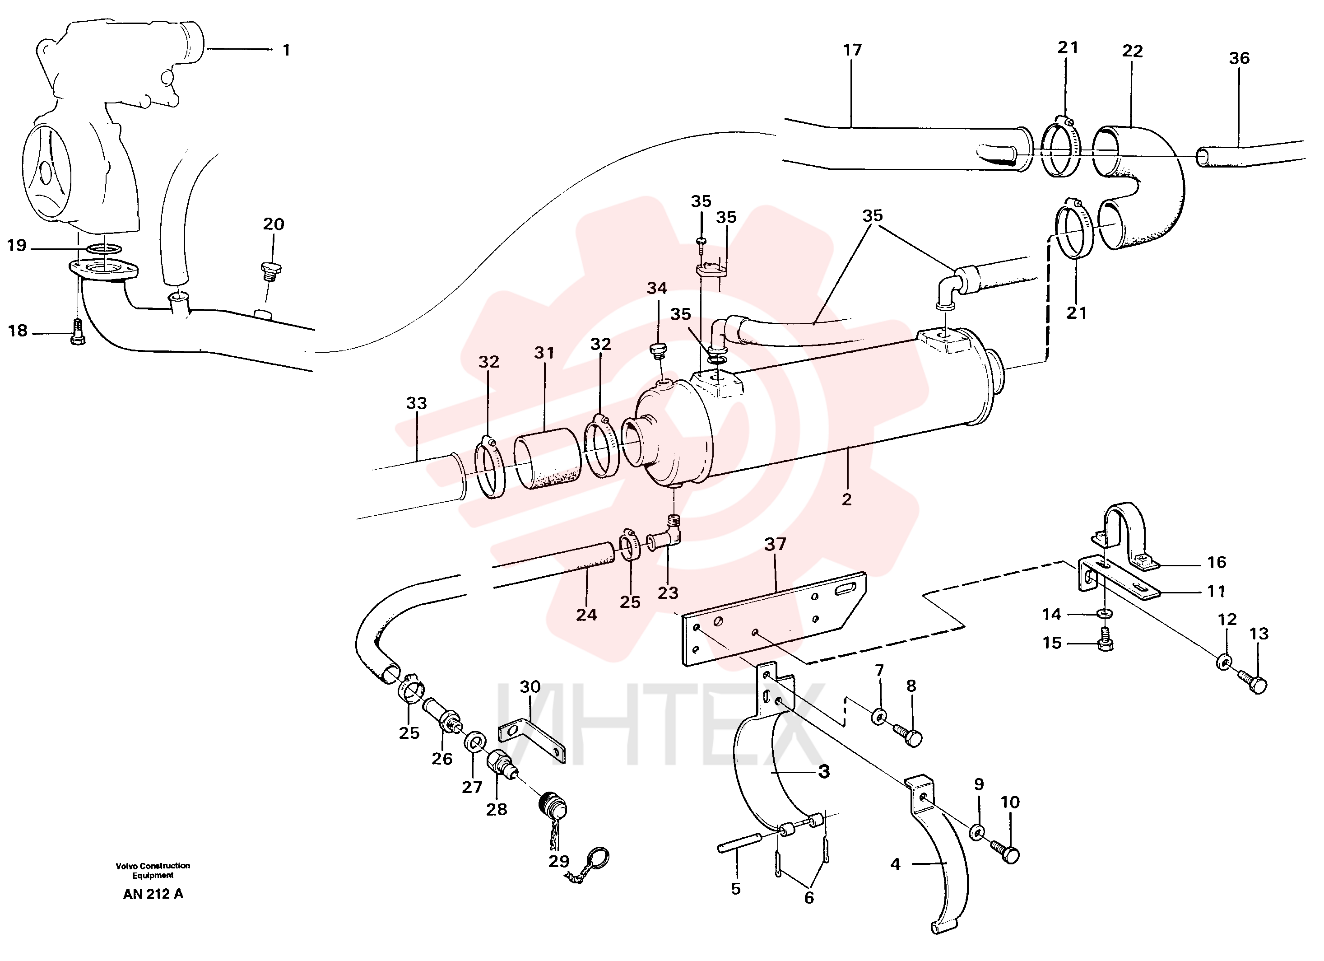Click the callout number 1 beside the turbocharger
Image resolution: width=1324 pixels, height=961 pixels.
(286, 50)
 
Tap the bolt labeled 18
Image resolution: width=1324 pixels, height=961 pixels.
(78, 332)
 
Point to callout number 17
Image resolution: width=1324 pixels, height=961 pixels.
(852, 50)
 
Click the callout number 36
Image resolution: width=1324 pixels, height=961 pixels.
(1239, 58)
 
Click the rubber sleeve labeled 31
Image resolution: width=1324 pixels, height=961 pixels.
(547, 458)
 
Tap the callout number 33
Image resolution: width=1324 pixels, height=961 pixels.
(416, 403)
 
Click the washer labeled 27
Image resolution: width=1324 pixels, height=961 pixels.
(474, 744)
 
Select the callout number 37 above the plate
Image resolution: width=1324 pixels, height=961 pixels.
(775, 544)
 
